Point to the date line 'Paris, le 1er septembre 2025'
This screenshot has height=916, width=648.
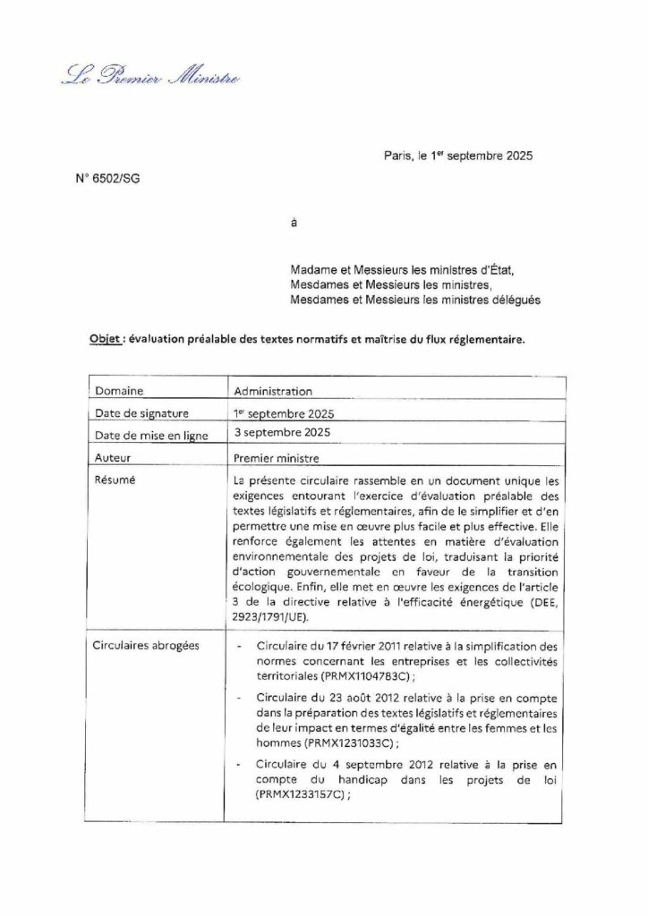point(457,156)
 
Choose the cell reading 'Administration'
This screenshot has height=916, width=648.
point(272,391)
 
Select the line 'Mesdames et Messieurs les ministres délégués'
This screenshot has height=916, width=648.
point(415,300)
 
